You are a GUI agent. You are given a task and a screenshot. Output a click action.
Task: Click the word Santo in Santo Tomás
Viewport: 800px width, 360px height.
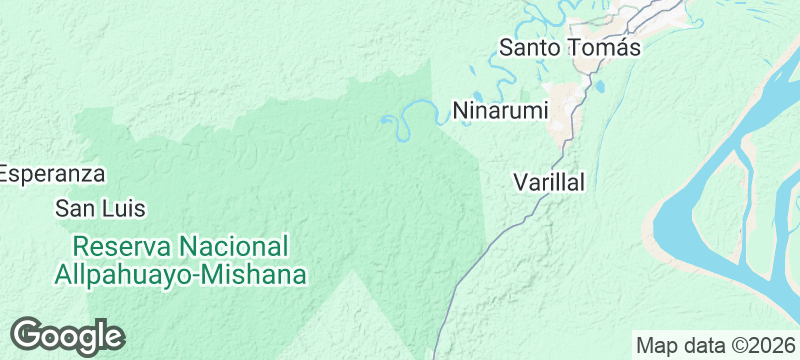pos(531,47)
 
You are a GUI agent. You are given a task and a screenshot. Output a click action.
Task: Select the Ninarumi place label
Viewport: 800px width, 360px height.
pos(501,111)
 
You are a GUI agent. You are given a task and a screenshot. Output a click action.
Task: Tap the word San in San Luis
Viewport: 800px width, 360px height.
pos(75,209)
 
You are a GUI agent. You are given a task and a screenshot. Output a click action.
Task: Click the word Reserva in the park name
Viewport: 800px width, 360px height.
pos(124,246)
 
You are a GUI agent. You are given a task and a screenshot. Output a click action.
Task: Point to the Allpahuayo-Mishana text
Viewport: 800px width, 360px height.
pos(181,274)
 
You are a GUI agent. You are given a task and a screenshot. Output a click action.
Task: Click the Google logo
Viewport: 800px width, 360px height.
pos(67,336)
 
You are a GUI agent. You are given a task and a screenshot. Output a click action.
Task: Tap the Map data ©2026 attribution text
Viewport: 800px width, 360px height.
pos(717,346)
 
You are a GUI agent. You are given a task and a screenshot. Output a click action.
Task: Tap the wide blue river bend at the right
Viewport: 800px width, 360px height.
pos(690,215)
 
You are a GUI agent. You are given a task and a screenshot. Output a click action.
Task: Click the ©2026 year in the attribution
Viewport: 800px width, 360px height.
pos(766,346)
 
